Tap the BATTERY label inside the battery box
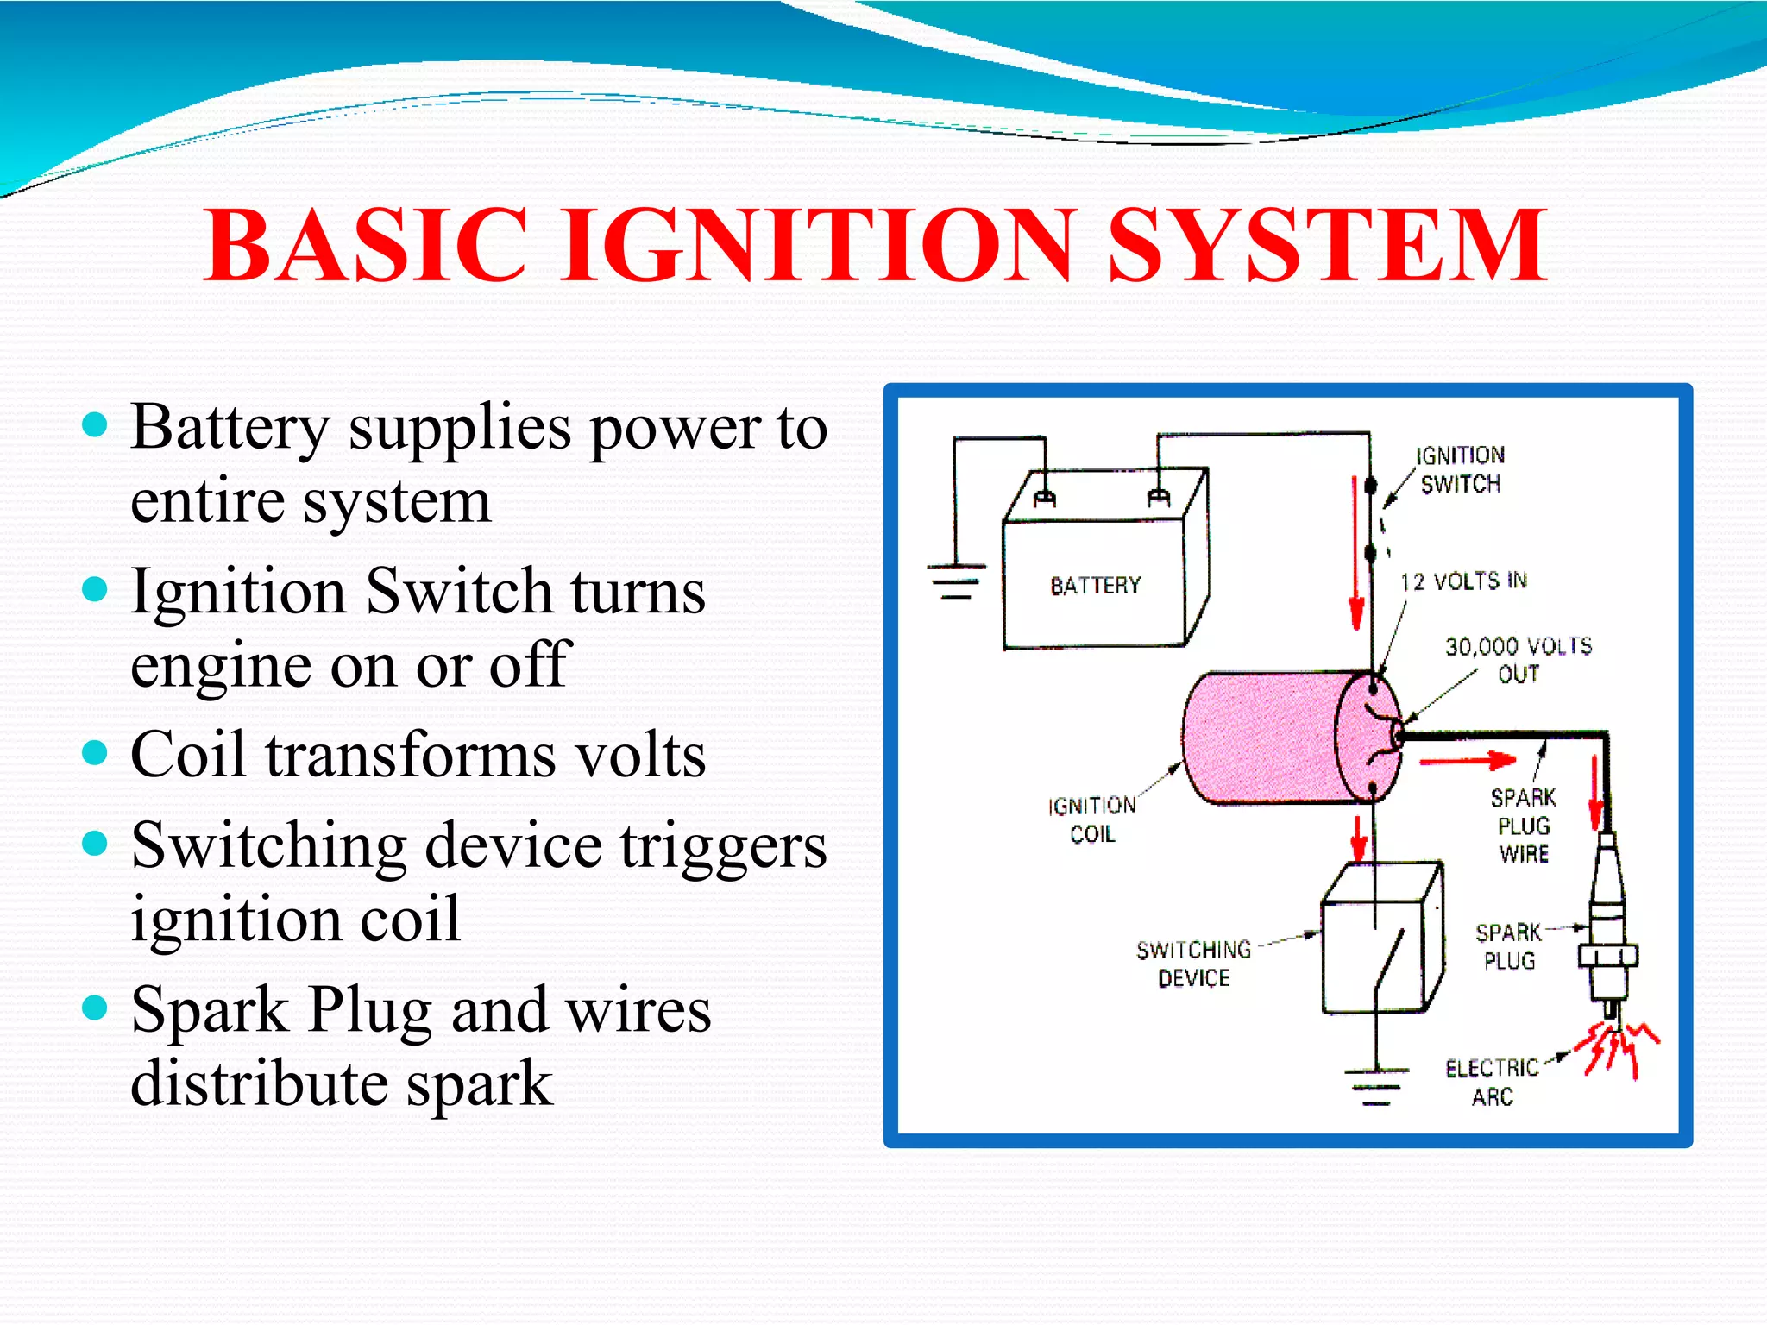(1095, 586)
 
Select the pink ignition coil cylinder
(1277, 738)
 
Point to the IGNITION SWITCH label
(1460, 470)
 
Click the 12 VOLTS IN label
(1463, 581)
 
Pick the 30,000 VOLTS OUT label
(1519, 660)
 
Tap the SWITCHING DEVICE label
(1194, 964)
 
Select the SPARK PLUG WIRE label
(1524, 826)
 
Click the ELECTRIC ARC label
(1492, 1083)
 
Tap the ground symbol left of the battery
(956, 582)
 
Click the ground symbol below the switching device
(1376, 1085)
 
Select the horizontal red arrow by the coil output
(1467, 760)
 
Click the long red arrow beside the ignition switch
(1356, 552)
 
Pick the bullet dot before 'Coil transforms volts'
(94, 753)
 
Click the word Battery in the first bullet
(230, 427)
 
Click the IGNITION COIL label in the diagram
(1092, 819)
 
